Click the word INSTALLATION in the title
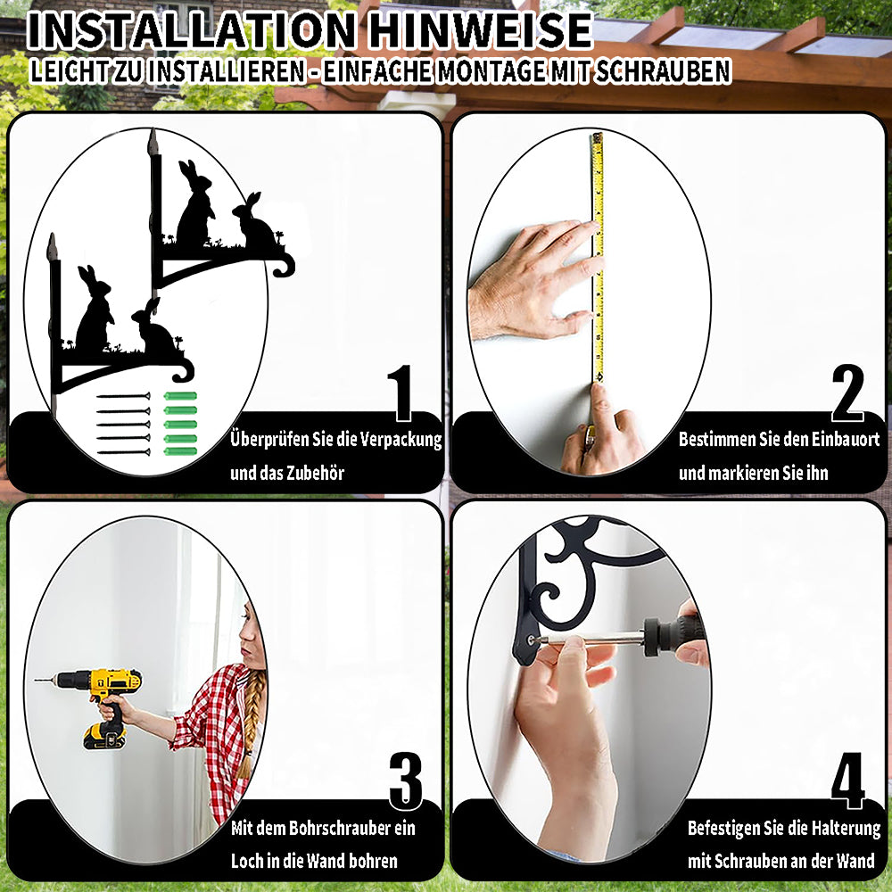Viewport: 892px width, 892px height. click(191, 30)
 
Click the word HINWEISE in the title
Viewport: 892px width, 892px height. click(481, 30)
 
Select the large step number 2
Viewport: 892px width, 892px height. click(847, 393)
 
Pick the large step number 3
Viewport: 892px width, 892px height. click(406, 781)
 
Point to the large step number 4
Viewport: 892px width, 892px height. click(847, 781)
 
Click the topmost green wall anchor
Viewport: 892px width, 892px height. click(180, 396)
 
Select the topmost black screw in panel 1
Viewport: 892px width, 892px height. click(123, 396)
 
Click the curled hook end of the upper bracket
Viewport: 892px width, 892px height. click(285, 265)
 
